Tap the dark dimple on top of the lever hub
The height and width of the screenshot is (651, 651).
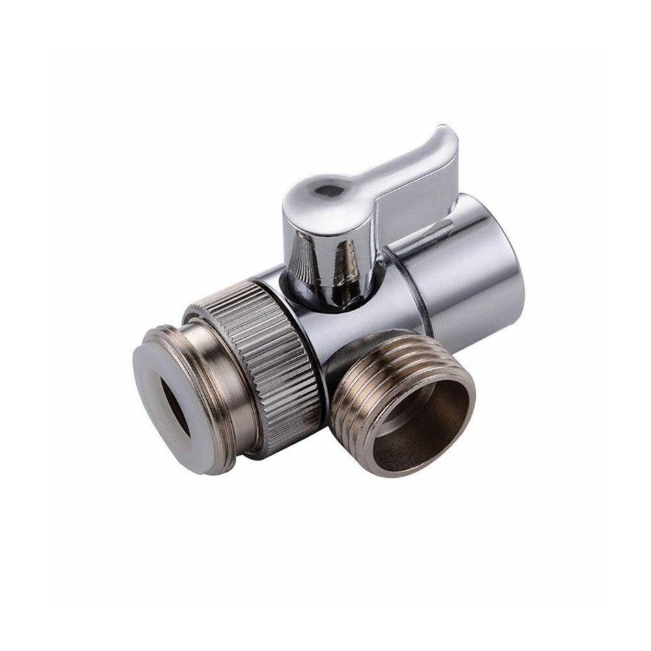click(329, 191)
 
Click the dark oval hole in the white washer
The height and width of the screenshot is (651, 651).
click(175, 407)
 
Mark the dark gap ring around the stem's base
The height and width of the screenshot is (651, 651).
click(325, 301)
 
